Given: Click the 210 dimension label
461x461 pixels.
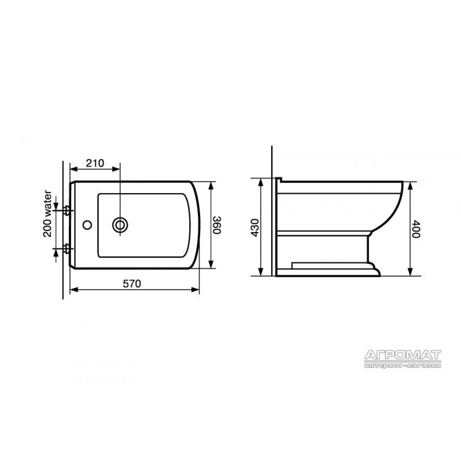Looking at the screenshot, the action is (95, 163).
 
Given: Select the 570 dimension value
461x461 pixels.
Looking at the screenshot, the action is (132, 284).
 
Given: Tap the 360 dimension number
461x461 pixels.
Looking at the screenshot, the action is (217, 225).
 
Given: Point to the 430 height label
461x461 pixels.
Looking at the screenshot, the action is (255, 227).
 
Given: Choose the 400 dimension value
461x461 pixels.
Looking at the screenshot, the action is (416, 229).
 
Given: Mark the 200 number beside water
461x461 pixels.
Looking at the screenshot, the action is (47, 229).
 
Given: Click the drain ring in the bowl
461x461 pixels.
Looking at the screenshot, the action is (120, 226).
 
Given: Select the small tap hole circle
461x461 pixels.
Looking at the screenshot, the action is (87, 225).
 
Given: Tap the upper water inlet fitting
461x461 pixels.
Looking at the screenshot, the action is (67, 210).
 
